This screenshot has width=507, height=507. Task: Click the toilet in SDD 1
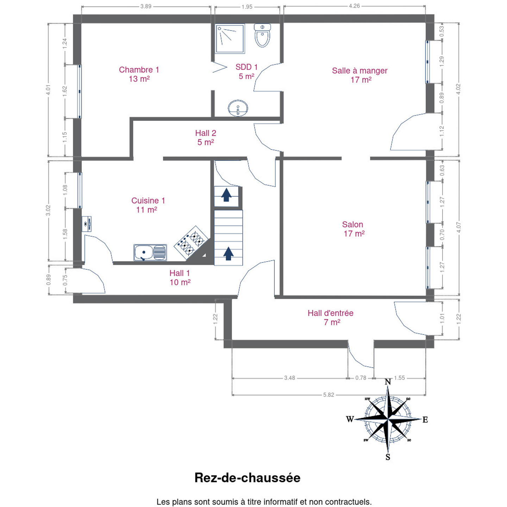coord(262,35)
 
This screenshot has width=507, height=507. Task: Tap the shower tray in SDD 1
coord(230,38)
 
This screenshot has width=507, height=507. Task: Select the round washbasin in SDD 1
coord(238,108)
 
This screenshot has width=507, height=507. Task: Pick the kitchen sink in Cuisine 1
coord(150,252)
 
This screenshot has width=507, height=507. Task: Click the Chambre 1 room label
coord(139,74)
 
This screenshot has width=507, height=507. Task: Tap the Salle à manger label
coord(360,75)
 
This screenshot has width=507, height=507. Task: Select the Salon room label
coord(353,229)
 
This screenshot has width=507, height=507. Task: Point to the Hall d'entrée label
coord(331,317)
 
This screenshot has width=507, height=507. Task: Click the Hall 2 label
coord(206,137)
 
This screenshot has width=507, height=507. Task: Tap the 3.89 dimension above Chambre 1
coord(146,6)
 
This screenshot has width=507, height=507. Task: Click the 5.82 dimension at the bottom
coord(328,395)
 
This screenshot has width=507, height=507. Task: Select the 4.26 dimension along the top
coord(354,6)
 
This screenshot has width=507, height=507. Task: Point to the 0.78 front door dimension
coord(361,378)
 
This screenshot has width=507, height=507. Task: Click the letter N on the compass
coord(388,382)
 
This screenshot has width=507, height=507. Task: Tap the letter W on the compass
coord(350,419)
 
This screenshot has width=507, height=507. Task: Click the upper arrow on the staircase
coord(226,195)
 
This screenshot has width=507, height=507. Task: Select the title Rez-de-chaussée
coord(247,477)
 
